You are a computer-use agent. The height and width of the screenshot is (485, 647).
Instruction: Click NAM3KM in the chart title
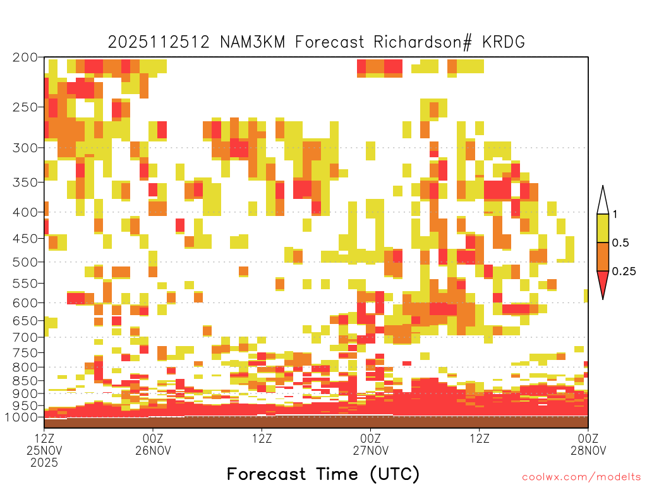click(x=252, y=42)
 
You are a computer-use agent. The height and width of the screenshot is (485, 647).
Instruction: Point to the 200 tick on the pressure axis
click(x=25, y=57)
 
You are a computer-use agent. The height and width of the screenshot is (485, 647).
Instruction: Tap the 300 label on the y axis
click(x=25, y=148)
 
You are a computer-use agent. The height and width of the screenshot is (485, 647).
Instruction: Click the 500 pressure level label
click(x=25, y=262)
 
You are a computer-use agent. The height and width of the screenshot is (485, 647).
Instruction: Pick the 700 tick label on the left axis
click(x=25, y=337)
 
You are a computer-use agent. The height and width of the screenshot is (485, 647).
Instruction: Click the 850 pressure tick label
click(x=25, y=380)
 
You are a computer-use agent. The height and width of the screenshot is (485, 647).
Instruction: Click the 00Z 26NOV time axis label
click(x=153, y=444)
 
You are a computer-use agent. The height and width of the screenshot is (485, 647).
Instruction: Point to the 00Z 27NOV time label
click(x=370, y=444)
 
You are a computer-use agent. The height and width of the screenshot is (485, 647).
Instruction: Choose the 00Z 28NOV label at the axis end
click(x=588, y=444)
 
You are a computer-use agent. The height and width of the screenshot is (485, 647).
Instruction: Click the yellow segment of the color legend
click(x=603, y=228)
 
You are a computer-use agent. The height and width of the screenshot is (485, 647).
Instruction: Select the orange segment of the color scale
click(x=603, y=256)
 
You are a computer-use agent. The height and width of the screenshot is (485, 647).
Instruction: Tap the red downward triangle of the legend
click(x=603, y=282)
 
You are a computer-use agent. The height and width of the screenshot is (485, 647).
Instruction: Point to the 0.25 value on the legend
click(x=624, y=272)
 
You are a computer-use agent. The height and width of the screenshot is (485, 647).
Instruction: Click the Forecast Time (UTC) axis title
click(x=323, y=474)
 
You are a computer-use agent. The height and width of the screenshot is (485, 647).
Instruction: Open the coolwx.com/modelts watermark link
click(x=581, y=477)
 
